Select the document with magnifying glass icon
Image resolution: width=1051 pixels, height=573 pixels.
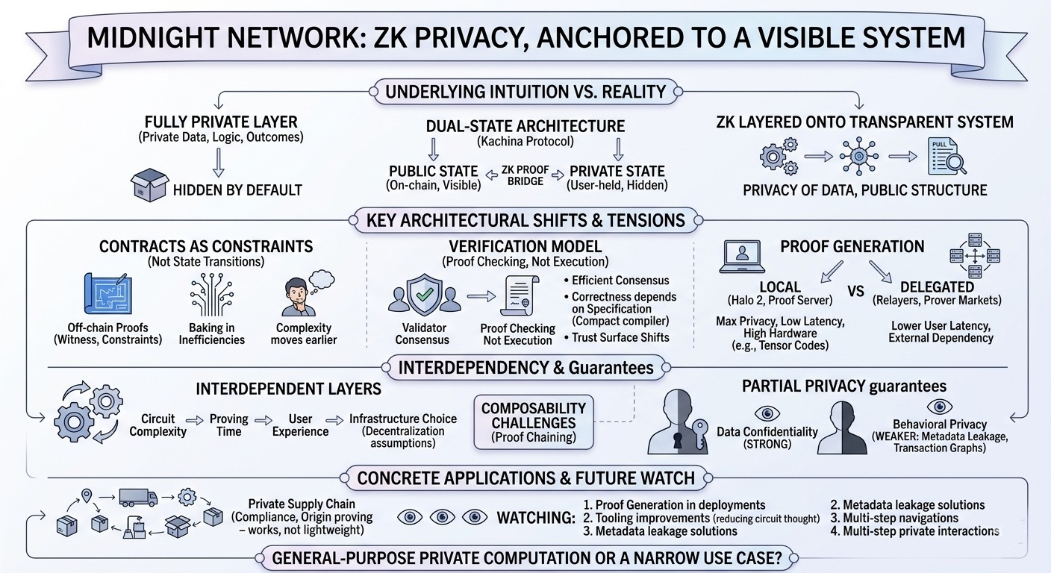coord(946,157)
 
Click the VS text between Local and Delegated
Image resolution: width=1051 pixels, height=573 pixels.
coord(856,292)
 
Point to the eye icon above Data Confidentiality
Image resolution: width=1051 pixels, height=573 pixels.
coord(767,413)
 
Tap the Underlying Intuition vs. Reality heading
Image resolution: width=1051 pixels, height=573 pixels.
coord(525,92)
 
